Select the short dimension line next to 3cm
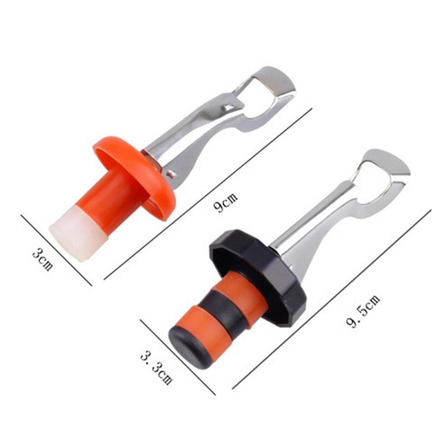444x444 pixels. pyautogui.click(x=56, y=250)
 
